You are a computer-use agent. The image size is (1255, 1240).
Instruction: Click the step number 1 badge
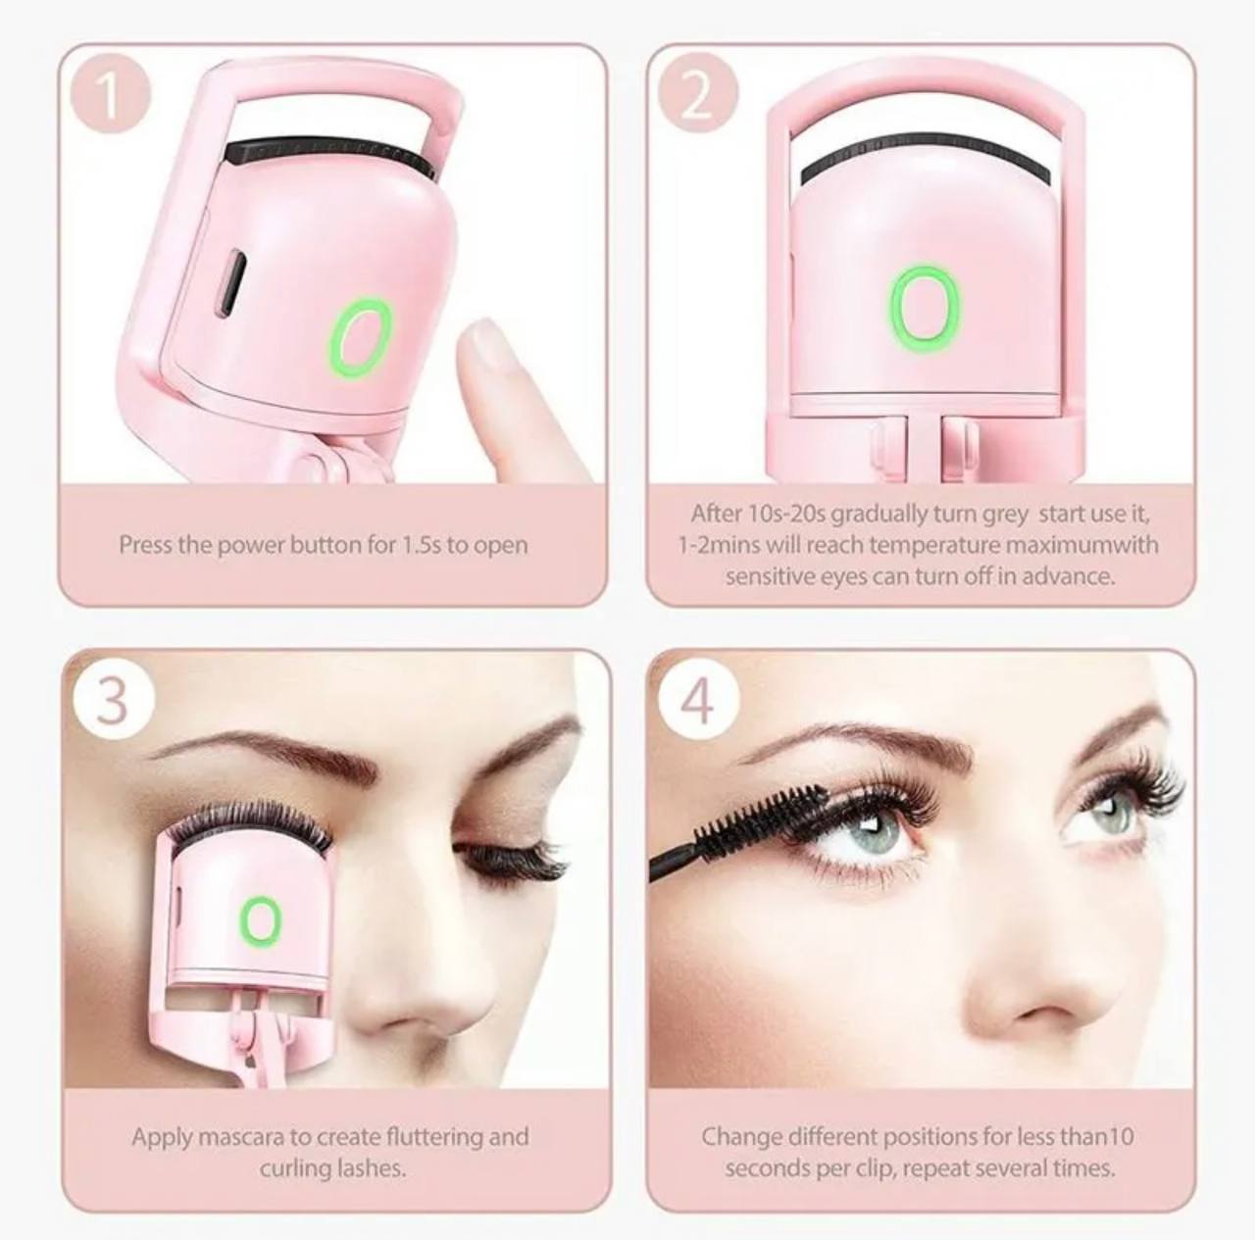tap(111, 95)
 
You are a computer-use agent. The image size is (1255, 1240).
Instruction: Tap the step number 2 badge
tap(697, 95)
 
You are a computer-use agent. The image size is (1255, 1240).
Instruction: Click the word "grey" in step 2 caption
tap(1005, 516)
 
